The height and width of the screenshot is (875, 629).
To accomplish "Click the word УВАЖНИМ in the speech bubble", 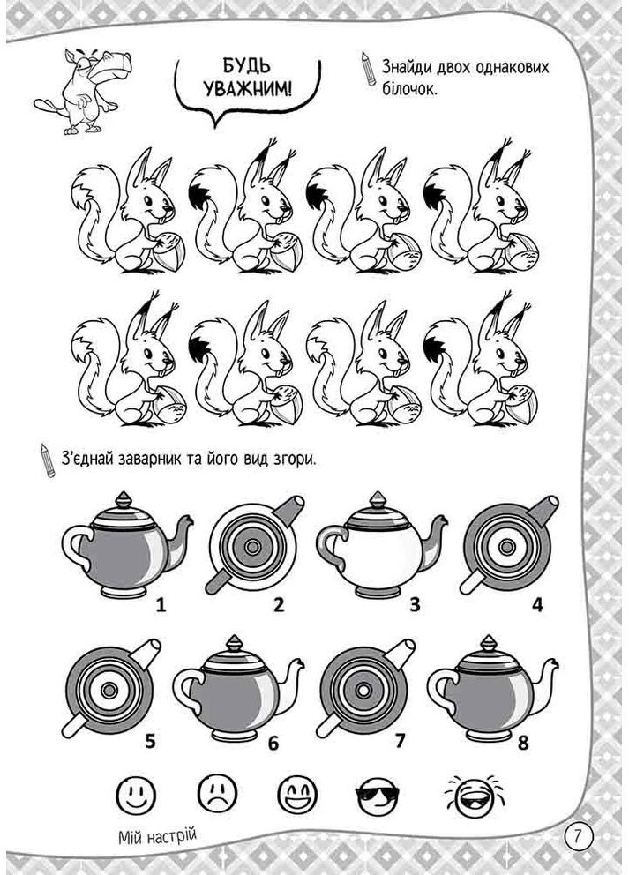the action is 247,88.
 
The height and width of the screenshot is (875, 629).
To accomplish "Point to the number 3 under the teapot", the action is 414,604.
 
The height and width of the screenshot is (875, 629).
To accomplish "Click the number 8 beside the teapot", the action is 523,743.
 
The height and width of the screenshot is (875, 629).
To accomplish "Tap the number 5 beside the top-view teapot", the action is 150,742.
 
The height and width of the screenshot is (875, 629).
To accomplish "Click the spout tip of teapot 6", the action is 301,663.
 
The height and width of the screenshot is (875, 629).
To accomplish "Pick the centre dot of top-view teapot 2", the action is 252,546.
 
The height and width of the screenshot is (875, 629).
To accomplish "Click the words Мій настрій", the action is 158,835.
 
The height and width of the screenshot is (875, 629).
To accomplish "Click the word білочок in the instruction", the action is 409,89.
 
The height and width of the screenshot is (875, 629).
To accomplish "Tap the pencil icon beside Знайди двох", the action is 369,69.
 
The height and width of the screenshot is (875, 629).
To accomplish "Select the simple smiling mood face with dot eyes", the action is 136,793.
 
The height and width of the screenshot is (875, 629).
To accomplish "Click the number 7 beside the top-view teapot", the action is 400,741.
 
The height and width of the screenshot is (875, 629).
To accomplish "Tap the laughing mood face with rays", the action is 475,794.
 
